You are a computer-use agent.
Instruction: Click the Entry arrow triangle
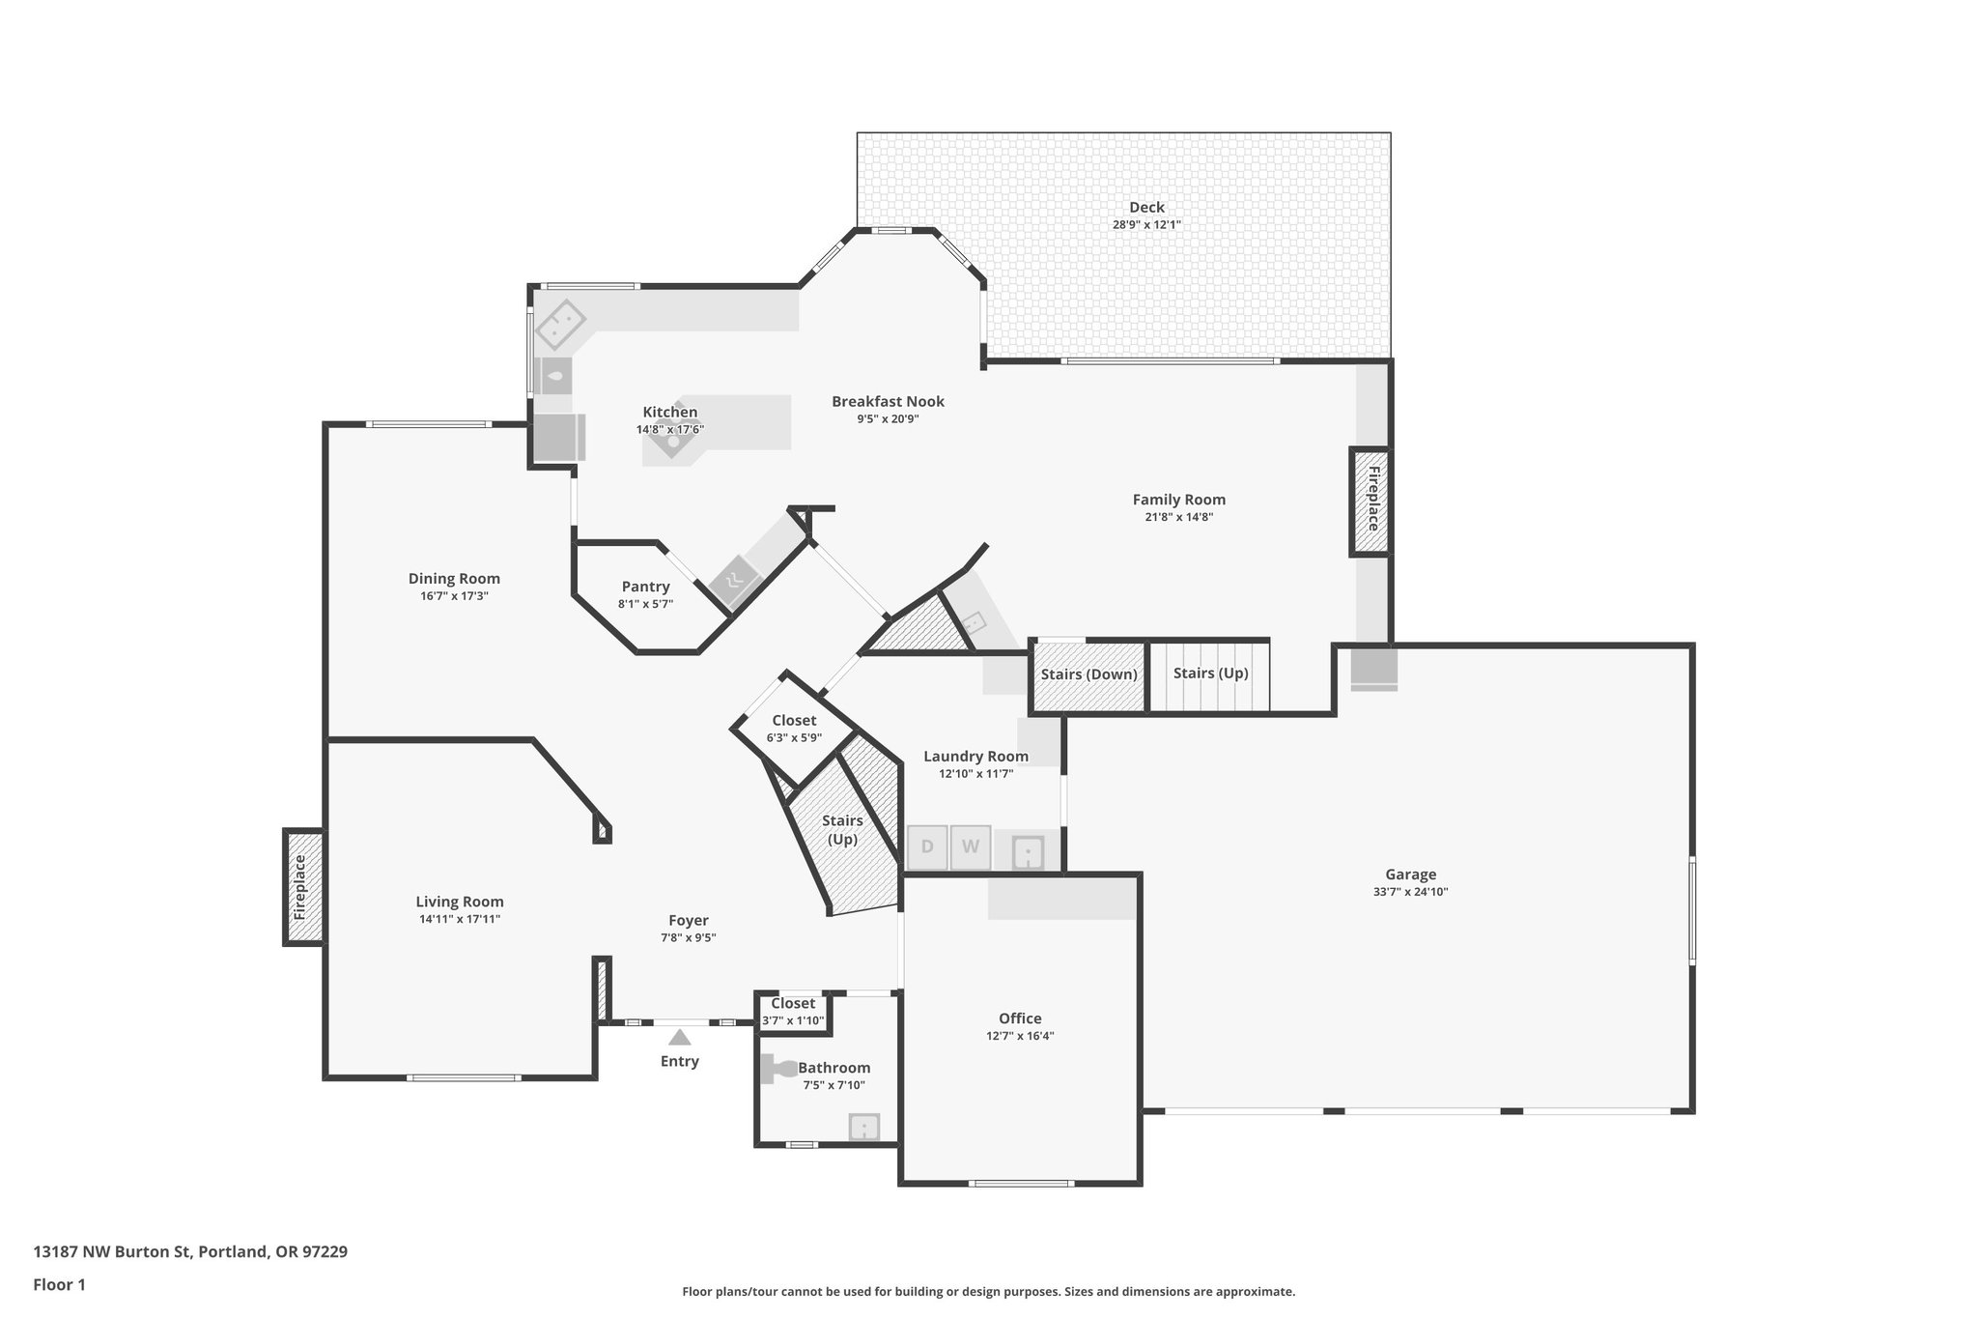pyautogui.click(x=680, y=1038)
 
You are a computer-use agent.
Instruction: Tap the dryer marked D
pyautogui.click(x=927, y=847)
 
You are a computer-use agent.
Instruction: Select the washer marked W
pyautogui.click(x=971, y=847)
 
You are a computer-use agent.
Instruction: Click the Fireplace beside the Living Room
pyautogui.click(x=302, y=886)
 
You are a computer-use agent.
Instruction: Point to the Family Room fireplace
pyautogui.click(x=1370, y=501)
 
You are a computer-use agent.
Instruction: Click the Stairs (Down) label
pyautogui.click(x=1088, y=674)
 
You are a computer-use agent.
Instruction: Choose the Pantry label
pyautogui.click(x=645, y=587)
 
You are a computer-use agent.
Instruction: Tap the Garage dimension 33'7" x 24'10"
pyautogui.click(x=1410, y=892)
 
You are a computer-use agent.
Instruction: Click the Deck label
pyautogui.click(x=1146, y=207)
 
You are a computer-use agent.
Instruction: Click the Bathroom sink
pyautogui.click(x=863, y=1127)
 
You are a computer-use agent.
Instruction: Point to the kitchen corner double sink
pyautogui.click(x=560, y=325)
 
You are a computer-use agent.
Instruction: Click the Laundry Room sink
pyautogui.click(x=1028, y=853)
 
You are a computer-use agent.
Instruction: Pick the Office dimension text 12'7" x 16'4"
pyautogui.click(x=1020, y=1035)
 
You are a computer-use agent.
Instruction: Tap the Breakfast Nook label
pyautogui.click(x=888, y=401)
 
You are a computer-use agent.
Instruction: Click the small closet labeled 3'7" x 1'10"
pyautogui.click(x=792, y=1012)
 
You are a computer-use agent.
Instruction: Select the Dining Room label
pyautogui.click(x=454, y=579)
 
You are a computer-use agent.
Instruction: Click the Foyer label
pyautogui.click(x=689, y=921)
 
